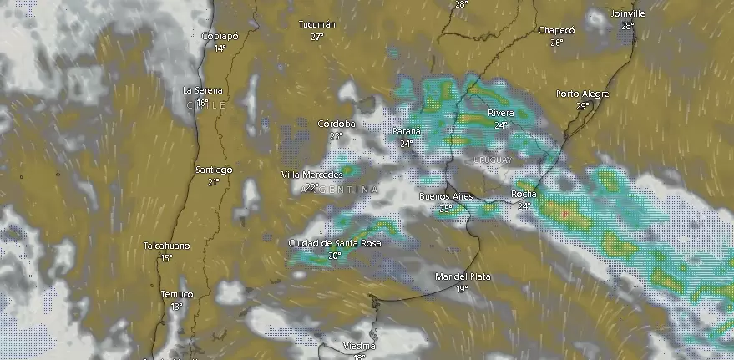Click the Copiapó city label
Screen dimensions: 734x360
pos(220,36)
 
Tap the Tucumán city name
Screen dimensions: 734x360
pos(316,25)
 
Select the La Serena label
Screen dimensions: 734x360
pos(200,90)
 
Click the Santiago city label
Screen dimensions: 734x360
pos(213,170)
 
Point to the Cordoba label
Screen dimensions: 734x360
pos(336,124)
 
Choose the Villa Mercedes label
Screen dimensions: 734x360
pos(311,174)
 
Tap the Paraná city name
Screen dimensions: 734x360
pos(406,131)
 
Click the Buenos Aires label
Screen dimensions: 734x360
pos(445,196)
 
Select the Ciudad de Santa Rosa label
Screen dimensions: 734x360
pos(334,243)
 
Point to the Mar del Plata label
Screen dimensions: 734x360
pos(463,276)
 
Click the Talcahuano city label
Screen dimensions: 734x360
pos(166,246)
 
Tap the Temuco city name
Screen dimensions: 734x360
pos(176,294)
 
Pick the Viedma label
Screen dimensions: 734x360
pos(359,346)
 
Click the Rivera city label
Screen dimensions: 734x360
pos(500,113)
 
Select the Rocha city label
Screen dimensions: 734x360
pos(524,195)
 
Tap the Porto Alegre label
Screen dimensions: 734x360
pos(582,94)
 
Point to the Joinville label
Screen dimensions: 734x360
pos(628,13)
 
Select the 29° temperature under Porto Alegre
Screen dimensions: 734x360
pos(582,106)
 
